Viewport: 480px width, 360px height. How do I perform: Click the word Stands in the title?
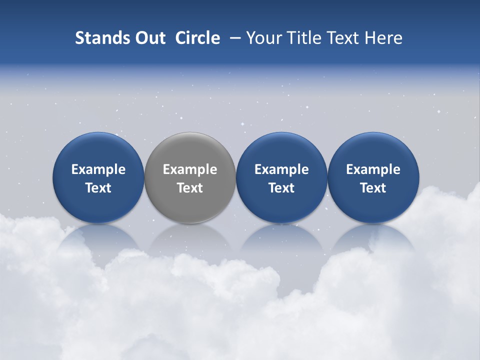click(98, 38)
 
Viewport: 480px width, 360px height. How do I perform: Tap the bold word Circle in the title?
click(197, 38)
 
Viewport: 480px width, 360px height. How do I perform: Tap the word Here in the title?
click(382, 38)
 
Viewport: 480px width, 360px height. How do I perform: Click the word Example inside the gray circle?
click(190, 169)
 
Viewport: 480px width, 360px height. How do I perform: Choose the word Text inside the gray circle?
click(190, 188)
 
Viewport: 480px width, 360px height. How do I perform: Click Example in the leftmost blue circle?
click(98, 169)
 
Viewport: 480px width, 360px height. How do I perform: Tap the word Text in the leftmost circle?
click(98, 188)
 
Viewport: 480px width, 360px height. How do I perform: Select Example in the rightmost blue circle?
click(373, 169)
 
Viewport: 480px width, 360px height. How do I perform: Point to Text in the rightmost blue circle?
click(373, 188)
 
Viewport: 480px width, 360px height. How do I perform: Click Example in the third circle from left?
click(281, 169)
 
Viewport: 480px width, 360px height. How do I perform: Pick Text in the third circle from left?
click(281, 188)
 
